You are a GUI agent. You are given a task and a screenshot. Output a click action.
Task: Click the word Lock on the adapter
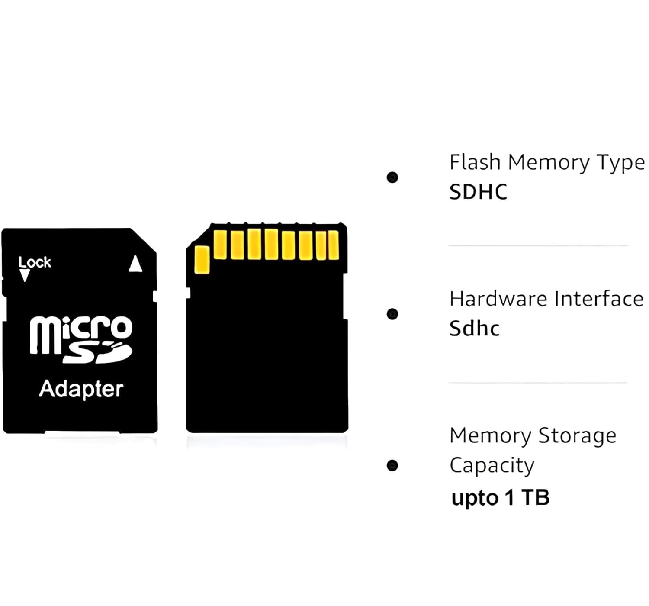35,262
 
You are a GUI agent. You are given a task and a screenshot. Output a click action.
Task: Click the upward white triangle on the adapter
135,264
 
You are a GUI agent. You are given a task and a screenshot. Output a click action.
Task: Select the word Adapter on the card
81,389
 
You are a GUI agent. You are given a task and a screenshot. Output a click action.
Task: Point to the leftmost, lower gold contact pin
202,260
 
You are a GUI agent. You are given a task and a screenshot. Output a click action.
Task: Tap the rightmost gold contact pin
333,245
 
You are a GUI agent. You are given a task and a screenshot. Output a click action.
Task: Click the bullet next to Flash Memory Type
392,177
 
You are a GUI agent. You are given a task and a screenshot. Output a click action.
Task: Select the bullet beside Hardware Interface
392,314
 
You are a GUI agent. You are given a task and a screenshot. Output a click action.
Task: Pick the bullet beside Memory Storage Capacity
392,465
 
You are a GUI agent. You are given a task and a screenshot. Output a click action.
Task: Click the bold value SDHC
478,192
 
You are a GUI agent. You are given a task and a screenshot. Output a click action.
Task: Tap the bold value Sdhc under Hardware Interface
474,329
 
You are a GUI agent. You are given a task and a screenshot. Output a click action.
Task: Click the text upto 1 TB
500,498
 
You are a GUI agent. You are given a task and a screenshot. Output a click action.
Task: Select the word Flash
475,162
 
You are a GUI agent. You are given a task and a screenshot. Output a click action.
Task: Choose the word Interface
599,299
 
